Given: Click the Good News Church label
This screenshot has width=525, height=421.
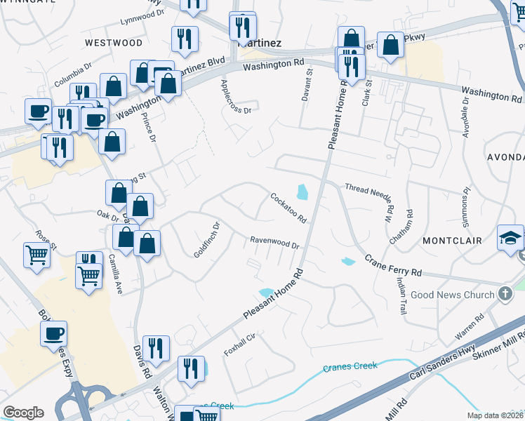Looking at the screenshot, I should (x=453, y=295).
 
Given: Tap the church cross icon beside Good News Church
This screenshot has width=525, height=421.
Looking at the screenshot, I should (x=503, y=295).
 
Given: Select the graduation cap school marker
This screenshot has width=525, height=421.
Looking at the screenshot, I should (x=510, y=238).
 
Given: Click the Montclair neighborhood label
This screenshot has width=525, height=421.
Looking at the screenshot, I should (x=452, y=240).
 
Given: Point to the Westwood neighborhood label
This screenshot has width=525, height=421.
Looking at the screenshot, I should (x=113, y=43).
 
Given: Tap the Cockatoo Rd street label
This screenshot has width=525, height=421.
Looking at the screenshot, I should (x=289, y=208).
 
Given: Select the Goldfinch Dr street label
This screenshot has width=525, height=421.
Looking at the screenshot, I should (x=208, y=239).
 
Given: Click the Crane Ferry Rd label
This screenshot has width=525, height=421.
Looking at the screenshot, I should (x=393, y=266).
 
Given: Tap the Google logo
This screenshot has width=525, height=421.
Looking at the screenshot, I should (x=23, y=413).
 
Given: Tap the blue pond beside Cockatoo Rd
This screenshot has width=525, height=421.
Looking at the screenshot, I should (x=303, y=192).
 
